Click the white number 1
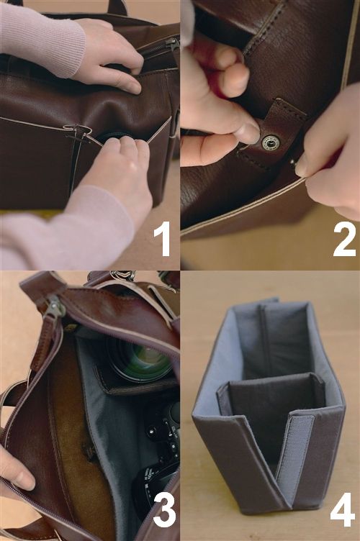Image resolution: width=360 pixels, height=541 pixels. pos(162,239)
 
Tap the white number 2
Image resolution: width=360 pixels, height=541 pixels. pos(344,239)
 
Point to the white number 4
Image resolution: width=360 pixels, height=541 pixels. pos(343,510)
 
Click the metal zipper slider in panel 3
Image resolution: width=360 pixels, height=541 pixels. pos(54,306)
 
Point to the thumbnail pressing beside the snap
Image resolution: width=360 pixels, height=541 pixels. pos(249,134)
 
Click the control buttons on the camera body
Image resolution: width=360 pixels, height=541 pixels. pos(162,435)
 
